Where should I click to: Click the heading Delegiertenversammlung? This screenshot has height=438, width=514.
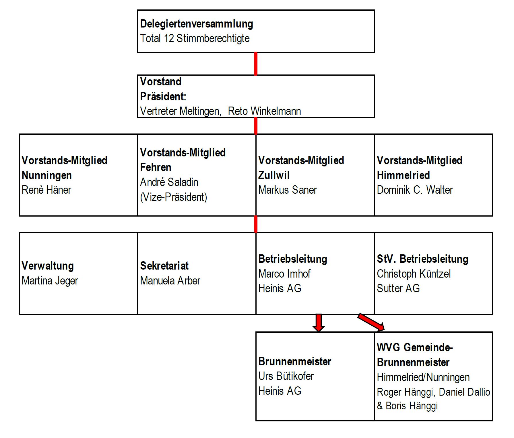(197, 24)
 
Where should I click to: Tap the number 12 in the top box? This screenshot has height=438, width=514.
(169, 38)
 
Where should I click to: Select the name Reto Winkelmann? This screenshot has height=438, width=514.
(264, 111)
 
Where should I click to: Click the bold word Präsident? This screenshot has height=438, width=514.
(163, 97)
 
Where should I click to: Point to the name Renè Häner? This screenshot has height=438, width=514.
(46, 190)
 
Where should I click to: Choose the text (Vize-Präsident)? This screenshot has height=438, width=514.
(174, 197)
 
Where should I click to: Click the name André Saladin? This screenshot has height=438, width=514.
(169, 182)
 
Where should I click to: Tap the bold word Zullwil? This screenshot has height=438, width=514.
(274, 175)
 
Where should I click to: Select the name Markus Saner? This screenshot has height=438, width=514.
(288, 190)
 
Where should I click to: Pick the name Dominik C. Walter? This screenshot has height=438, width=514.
(415, 190)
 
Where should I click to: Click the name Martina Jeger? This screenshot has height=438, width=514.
(50, 281)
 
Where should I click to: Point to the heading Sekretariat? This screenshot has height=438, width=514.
(164, 266)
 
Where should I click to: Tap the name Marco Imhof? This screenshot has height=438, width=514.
(284, 274)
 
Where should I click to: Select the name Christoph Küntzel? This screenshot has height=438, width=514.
(414, 274)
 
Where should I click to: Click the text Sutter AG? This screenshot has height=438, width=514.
(398, 288)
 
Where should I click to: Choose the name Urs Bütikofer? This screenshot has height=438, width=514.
(286, 376)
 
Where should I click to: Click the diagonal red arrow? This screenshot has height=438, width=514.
(371, 323)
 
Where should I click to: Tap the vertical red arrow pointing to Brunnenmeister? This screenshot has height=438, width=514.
(318, 323)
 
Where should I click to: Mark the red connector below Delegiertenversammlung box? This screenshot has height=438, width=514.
(256, 64)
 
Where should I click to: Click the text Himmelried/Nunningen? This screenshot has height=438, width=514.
(423, 377)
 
